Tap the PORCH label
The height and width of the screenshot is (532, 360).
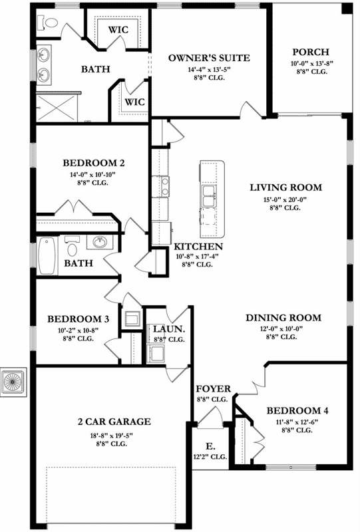(309, 53)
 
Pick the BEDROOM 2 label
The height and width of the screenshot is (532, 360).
(94, 162)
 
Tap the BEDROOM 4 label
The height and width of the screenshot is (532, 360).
(297, 410)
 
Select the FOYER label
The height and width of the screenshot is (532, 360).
(213, 389)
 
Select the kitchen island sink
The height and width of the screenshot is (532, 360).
(208, 196)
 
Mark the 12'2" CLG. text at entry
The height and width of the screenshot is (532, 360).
(210, 457)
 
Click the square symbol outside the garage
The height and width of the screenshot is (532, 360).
(13, 381)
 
